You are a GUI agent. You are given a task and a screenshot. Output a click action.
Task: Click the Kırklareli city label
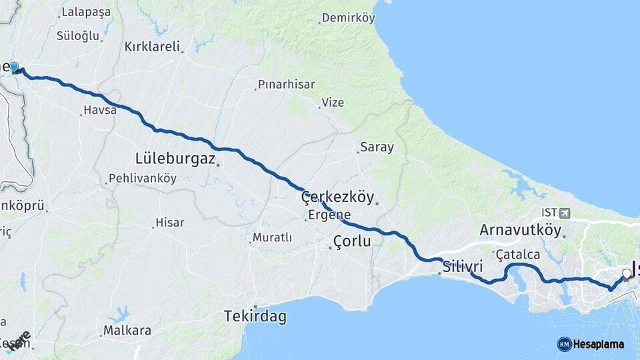click(x=152, y=47)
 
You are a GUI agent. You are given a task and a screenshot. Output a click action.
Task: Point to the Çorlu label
click(x=351, y=241)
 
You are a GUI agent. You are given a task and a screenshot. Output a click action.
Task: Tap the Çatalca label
click(x=518, y=255)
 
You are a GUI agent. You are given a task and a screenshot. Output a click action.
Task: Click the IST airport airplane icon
click(x=566, y=213)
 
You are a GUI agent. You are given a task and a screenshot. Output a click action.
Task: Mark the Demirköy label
click(x=349, y=18)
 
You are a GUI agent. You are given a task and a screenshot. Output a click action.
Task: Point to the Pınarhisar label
click(x=285, y=85)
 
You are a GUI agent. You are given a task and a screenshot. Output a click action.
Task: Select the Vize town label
click(x=333, y=102)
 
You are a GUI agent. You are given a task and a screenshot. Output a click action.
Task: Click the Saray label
click(x=377, y=147)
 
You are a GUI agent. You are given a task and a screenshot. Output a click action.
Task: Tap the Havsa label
click(x=100, y=110)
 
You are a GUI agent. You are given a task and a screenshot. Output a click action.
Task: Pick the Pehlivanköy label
click(x=142, y=179)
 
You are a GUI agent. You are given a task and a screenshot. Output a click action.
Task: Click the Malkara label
click(x=127, y=331)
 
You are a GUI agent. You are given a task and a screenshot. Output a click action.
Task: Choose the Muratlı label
click(x=272, y=237)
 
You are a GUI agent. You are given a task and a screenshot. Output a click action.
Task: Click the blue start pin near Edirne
click(x=14, y=67)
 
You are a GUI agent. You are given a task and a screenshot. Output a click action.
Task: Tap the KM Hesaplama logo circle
click(x=564, y=344)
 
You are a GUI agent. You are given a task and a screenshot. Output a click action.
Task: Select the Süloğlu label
click(x=78, y=35)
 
